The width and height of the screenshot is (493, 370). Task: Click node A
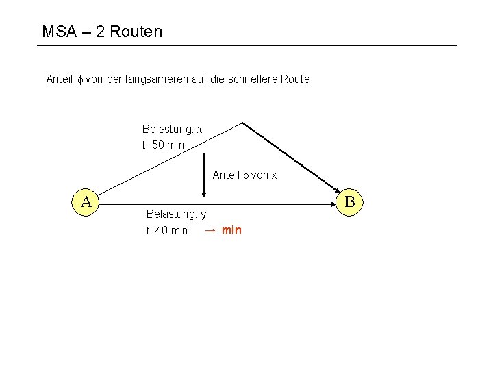point(87,202)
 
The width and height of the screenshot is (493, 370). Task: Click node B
point(349,202)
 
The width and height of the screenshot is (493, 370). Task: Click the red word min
point(231,230)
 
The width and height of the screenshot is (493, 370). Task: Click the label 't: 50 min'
point(163,145)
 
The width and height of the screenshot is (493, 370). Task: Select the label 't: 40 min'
point(167,230)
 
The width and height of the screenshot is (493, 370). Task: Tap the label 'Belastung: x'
point(172,129)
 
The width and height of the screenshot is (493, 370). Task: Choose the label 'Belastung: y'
point(176,214)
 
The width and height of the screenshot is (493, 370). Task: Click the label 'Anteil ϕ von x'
point(244,175)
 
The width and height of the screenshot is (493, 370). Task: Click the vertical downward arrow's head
point(204,195)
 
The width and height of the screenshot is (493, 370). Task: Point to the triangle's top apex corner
point(243,123)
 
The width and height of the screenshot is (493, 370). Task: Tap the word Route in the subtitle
point(295,79)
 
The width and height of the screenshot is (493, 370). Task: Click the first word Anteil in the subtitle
point(60,79)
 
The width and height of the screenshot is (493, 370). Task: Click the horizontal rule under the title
point(246,46)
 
